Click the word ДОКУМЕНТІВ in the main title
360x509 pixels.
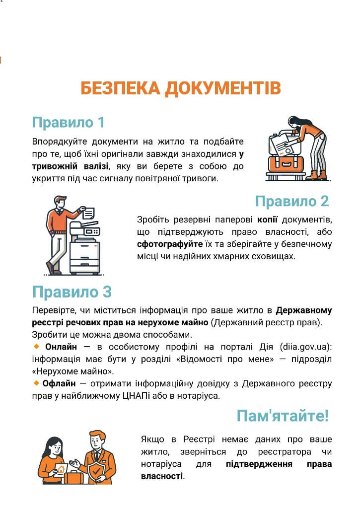(x=222, y=88)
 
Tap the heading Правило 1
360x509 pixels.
(x=69, y=122)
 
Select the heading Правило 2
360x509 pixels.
(x=292, y=201)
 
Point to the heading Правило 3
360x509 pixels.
(x=72, y=291)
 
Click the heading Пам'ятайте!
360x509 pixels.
(x=283, y=416)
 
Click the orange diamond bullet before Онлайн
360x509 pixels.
(x=36, y=346)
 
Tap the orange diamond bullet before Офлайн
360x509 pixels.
(x=36, y=383)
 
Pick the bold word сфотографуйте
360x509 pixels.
(x=170, y=244)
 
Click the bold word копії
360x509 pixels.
(x=267, y=220)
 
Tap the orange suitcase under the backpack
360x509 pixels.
(x=286, y=164)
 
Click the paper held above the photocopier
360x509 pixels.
(x=88, y=213)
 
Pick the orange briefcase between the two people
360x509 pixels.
(x=73, y=477)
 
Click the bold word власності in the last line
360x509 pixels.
(x=162, y=476)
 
